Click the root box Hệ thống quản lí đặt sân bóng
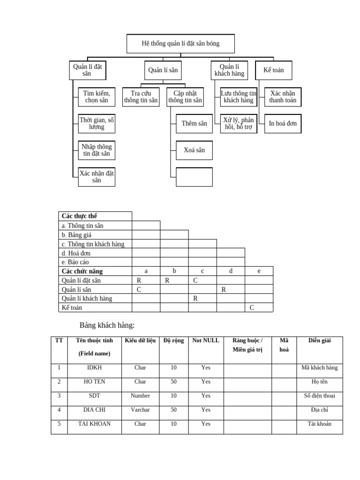point(180,44)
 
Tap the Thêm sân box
point(194,124)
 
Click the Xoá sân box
point(194,150)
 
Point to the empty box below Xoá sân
point(194,177)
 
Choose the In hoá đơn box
point(283,124)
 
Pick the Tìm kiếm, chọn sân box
point(96,97)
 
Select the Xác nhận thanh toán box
point(283,97)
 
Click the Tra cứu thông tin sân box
point(141,97)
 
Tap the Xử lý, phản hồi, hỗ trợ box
point(239,124)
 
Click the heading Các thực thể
point(79,216)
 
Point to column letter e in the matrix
point(259,271)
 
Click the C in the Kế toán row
point(252,307)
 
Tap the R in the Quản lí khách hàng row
point(195,298)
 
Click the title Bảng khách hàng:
point(107,325)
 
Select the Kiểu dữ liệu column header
point(140,341)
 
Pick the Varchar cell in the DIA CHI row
point(140,410)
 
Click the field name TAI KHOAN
point(95,424)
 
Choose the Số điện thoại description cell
point(319,396)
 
